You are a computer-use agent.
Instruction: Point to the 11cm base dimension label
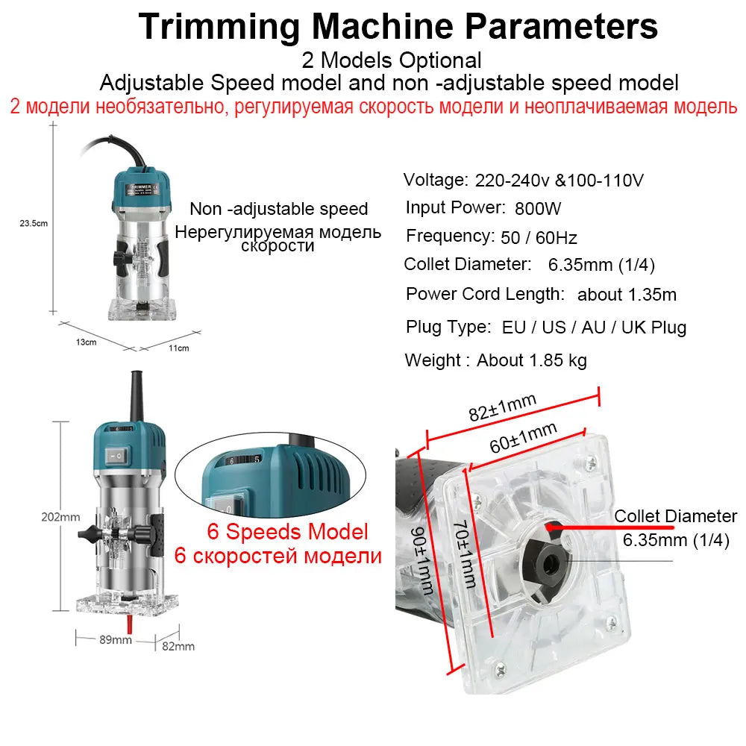(x=178, y=348)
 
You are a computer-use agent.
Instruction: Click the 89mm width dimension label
(x=116, y=639)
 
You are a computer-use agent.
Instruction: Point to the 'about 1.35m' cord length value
(x=627, y=295)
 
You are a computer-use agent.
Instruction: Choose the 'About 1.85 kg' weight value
(x=532, y=361)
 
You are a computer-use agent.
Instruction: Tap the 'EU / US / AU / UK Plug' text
(x=592, y=327)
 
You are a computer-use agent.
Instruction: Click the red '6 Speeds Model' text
(x=286, y=532)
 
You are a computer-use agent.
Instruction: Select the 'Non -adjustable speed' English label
(x=278, y=210)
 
